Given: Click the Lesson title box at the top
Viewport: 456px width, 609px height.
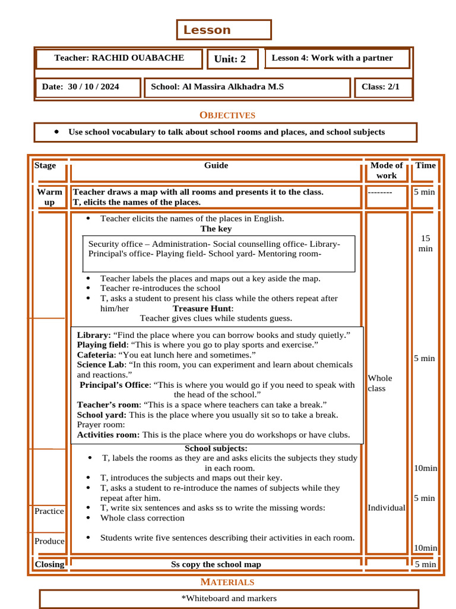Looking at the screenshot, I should [x=224, y=30].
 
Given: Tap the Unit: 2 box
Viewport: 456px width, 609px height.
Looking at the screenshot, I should [x=232, y=59].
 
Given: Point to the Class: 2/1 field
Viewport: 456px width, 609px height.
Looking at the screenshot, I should [x=381, y=87].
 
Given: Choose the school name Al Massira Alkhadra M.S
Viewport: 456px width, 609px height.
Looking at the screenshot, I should [x=217, y=87].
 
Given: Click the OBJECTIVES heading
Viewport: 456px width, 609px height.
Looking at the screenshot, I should [x=227, y=115].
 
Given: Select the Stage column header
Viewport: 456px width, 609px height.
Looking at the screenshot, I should [x=45, y=165].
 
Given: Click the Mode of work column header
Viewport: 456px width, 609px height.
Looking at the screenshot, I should [x=386, y=170].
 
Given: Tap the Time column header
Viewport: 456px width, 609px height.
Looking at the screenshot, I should [x=425, y=165].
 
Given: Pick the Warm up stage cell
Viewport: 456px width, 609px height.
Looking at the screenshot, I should [x=49, y=197].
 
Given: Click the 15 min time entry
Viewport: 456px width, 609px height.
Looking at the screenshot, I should [x=425, y=243].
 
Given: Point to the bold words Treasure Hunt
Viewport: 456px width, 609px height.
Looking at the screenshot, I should [x=202, y=308].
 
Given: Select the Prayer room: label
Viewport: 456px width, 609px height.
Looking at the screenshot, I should [x=101, y=425].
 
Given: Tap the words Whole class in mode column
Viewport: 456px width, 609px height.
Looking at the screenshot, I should [x=380, y=383].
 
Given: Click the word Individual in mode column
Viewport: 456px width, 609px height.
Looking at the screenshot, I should [x=387, y=508].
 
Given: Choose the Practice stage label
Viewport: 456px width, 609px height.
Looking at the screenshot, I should [x=49, y=511].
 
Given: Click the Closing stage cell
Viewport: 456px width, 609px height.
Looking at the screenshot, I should [x=49, y=564].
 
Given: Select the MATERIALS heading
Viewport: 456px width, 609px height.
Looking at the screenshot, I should [x=227, y=582].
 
